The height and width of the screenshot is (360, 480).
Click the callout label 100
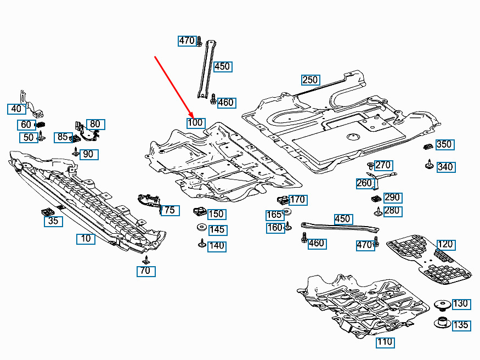[195, 123]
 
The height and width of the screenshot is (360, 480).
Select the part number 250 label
[310, 80]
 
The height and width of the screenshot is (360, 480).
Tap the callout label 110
[385, 343]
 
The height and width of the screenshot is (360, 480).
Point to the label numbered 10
[86, 239]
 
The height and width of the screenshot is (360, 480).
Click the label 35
[53, 221]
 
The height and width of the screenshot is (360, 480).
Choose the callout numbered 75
[170, 210]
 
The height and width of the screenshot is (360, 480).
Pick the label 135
[461, 325]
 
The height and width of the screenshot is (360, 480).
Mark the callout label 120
[445, 244]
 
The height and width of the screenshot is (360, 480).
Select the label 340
[445, 167]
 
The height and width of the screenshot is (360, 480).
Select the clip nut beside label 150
[200, 211]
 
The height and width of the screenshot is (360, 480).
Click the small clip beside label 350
[428, 146]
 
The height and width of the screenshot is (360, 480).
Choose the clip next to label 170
[284, 200]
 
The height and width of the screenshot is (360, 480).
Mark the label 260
[364, 183]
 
